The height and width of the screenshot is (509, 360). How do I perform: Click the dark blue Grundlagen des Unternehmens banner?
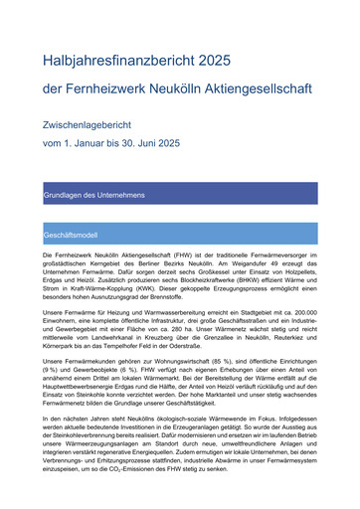tap(179, 194)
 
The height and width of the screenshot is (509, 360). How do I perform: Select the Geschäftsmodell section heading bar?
tap(179, 236)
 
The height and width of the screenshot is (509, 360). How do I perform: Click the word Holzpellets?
tap(295, 273)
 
